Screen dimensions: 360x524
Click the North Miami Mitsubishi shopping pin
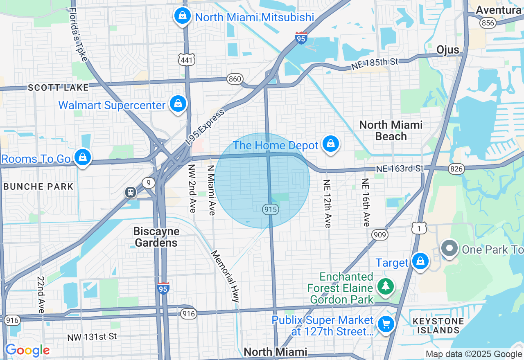[182, 16]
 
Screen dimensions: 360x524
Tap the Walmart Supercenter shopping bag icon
[178, 104]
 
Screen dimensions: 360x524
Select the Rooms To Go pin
[83, 157]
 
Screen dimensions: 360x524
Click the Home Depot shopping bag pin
[330, 144]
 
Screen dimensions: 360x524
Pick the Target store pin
[420, 261]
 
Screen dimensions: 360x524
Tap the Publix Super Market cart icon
[386, 324]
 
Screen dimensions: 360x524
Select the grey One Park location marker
[449, 248]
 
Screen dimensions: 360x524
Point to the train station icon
[131, 192]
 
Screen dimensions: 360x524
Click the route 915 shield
[271, 209]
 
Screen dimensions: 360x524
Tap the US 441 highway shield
[187, 60]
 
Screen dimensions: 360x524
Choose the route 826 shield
[456, 169]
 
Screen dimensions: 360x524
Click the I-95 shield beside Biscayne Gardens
[163, 289]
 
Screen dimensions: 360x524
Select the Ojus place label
[447, 50]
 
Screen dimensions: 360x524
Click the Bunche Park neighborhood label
[38, 187]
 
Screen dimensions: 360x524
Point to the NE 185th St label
[375, 64]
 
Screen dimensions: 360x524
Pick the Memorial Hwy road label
[225, 276]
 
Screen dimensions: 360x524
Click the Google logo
[27, 351]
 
